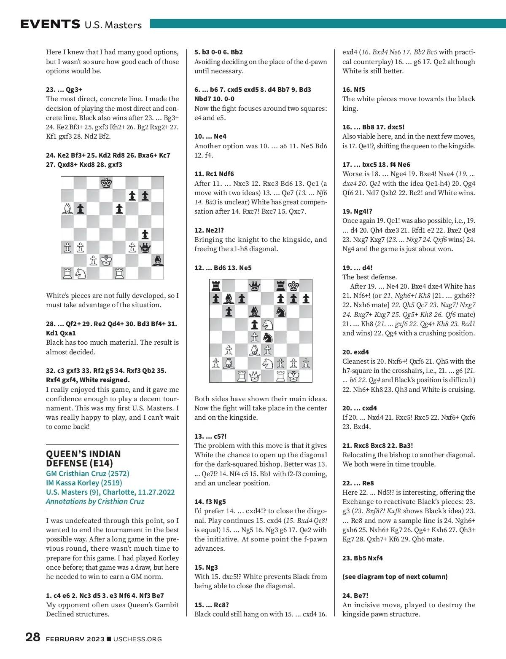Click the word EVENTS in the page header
point(50,24)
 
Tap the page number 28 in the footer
point(32,637)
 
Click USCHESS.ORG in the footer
point(137,639)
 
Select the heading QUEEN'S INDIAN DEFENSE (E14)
point(83,458)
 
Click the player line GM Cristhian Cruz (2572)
point(88,474)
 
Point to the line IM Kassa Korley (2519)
point(84,483)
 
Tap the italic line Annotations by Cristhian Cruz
point(95,501)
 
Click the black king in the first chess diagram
point(106,183)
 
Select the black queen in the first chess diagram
point(145,247)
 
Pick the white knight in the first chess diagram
point(80,273)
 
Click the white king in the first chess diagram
point(106,260)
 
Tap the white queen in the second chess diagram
point(255,376)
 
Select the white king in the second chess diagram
point(293,376)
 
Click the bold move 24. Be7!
point(355,595)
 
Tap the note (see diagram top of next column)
point(395,576)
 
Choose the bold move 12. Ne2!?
point(209,230)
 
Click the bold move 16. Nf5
point(354,89)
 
